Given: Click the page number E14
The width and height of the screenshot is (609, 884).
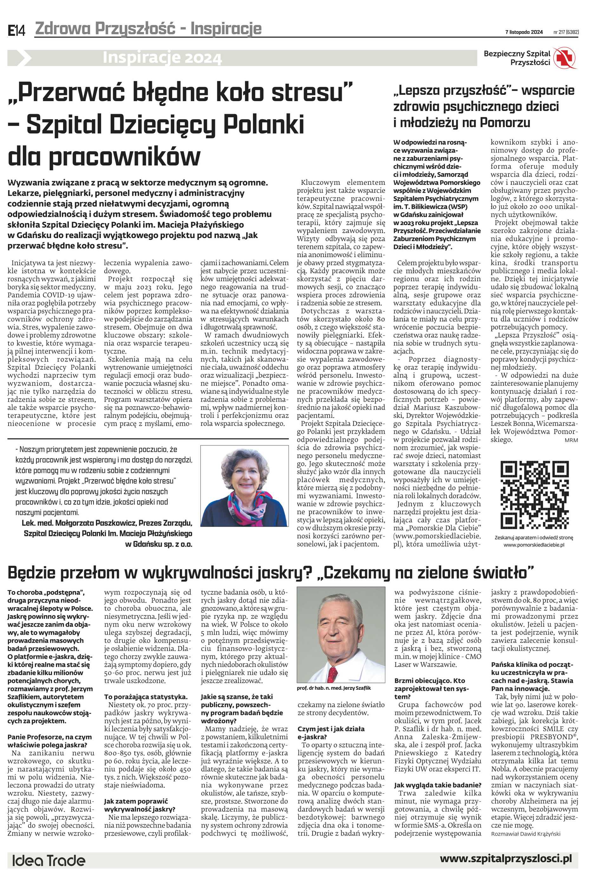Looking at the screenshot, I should point(16,30).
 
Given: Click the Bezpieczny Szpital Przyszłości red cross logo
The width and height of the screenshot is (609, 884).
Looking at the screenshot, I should point(566,58).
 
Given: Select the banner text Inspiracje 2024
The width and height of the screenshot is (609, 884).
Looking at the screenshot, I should point(162,58).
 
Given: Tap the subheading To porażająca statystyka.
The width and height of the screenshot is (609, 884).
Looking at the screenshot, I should point(145,697).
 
